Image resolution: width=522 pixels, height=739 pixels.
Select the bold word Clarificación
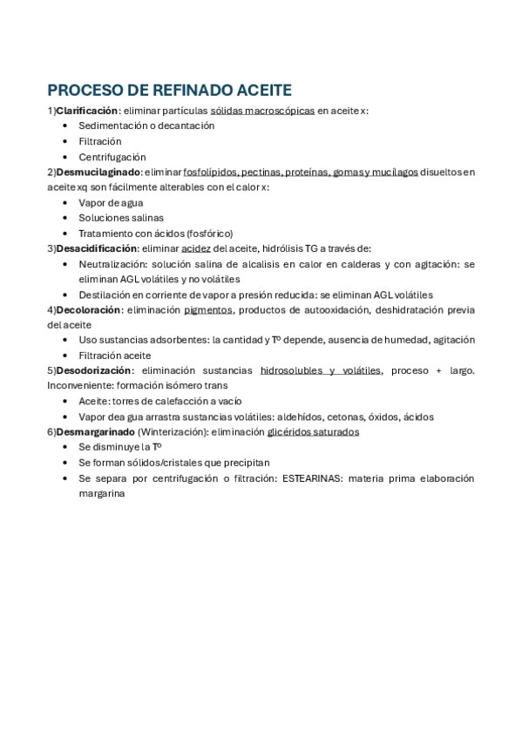click(x=86, y=111)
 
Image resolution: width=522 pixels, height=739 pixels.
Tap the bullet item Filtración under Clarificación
click(x=100, y=141)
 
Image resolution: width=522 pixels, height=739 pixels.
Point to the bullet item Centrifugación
click(x=112, y=157)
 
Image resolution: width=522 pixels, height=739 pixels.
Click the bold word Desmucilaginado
click(x=98, y=172)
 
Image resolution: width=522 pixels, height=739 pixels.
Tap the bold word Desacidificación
click(x=97, y=248)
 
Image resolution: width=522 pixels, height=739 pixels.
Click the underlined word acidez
click(x=195, y=248)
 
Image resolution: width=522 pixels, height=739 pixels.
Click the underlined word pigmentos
click(x=208, y=309)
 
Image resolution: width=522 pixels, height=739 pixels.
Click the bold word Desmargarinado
click(x=95, y=431)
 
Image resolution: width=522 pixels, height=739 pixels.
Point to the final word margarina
click(x=102, y=493)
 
